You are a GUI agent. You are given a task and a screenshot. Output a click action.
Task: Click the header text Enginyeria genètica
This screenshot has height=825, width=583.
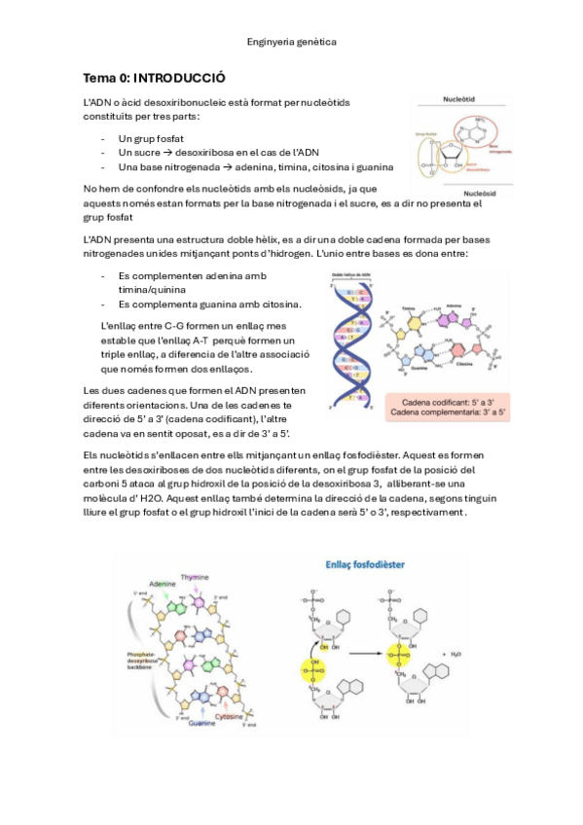tap(292, 43)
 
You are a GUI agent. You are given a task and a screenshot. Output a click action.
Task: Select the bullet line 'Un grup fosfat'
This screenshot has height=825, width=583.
tap(151, 138)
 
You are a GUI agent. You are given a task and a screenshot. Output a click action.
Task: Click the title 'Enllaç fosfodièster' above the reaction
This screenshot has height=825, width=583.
tap(364, 563)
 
